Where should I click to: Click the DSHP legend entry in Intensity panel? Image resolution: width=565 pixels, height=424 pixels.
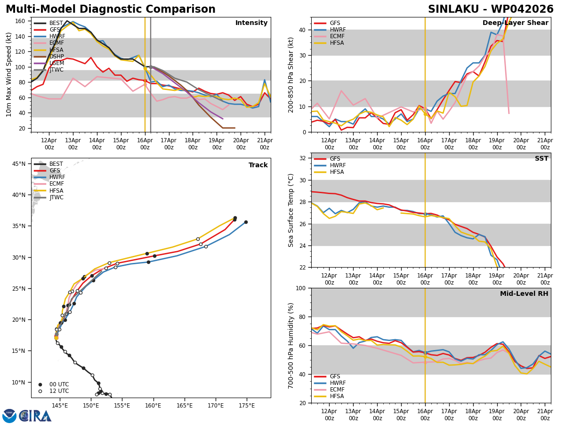[x=56, y=57]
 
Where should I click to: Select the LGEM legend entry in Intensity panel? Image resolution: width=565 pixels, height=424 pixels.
[x=56, y=63]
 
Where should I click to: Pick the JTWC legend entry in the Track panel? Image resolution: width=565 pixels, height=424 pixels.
[x=56, y=197]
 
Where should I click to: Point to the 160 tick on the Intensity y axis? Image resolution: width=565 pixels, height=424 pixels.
[x=20, y=21]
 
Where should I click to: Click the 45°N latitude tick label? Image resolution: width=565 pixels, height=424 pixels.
[x=19, y=164]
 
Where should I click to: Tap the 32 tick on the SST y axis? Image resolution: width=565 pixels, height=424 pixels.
[x=303, y=158]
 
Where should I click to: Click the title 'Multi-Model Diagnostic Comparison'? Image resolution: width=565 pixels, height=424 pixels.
[x=111, y=9]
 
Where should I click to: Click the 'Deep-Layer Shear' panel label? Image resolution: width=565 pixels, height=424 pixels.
[x=515, y=23]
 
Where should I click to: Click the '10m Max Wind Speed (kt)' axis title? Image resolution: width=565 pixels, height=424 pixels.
[x=9, y=74]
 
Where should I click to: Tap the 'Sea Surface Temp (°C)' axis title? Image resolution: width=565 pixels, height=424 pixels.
[x=291, y=210]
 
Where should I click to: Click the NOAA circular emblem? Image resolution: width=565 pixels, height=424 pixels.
[x=9, y=416]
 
